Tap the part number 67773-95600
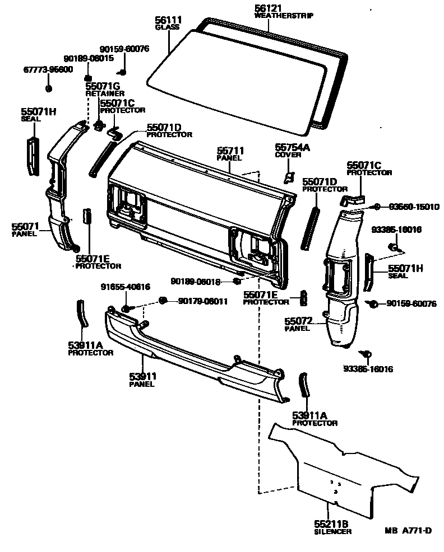tap(48, 69)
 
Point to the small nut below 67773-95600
tap(48, 88)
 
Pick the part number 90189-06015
tap(89, 58)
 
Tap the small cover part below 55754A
tap(289, 177)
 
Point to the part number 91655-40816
tap(126, 287)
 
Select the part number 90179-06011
tap(203, 301)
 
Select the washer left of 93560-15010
tap(377, 207)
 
